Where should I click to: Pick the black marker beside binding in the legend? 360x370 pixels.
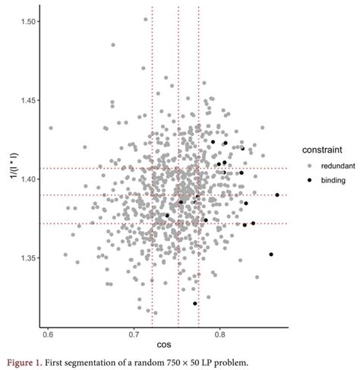308,180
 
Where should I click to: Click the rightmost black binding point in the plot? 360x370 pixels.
277,195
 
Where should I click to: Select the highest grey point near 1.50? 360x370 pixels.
146,20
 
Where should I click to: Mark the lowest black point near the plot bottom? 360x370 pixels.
195,304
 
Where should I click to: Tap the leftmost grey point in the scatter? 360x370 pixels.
51,128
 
